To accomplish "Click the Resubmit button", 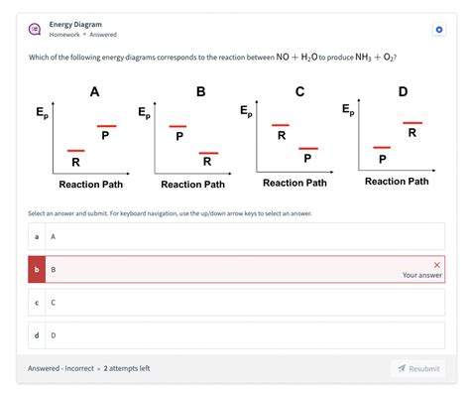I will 417,368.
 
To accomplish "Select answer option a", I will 235,236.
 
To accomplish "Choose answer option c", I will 235,302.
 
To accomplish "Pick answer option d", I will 235,334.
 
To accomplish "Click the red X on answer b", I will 436,264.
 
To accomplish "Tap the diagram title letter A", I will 94,91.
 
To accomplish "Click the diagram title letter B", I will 201,91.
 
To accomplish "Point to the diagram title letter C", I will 299,91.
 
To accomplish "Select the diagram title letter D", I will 403,91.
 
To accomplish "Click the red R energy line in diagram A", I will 75,151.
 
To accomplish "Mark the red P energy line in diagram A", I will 106,126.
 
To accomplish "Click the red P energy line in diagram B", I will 177,126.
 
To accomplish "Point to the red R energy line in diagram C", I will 281,125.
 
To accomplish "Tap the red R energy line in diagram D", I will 411,123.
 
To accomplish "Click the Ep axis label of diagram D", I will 347,109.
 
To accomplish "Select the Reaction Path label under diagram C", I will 294,183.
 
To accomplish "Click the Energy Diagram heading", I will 75,24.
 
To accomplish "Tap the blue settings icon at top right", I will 439,30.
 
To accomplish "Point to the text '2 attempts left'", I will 127,368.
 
